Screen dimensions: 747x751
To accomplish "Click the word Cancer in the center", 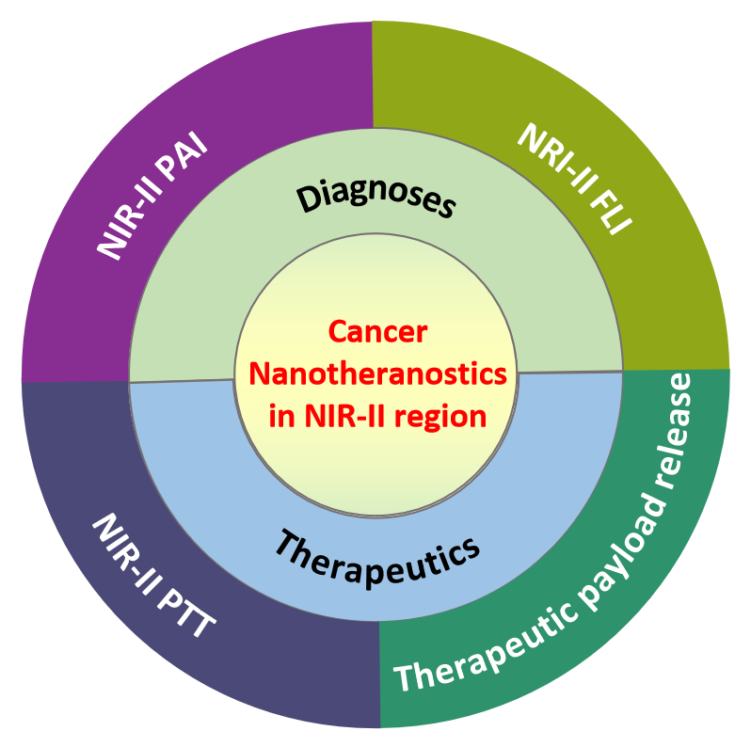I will [376, 331].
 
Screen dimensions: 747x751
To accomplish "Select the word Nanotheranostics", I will [376, 373].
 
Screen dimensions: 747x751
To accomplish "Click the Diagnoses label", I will [376, 194].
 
